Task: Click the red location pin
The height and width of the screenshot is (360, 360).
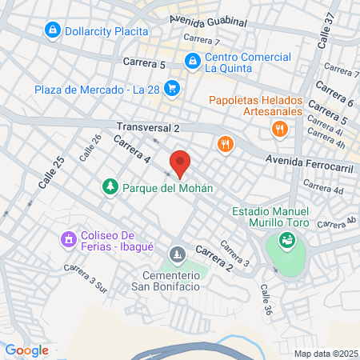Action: click(181, 163)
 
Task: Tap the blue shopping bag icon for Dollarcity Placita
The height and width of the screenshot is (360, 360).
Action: click(52, 30)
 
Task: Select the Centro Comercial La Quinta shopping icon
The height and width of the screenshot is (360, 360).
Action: click(192, 60)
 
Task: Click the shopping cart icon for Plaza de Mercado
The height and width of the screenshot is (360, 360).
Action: click(171, 88)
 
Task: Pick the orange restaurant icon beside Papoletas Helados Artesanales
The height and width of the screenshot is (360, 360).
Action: click(278, 128)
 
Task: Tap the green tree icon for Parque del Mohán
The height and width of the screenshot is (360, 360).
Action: click(109, 187)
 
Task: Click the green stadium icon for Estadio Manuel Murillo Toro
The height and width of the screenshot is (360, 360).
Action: click(286, 239)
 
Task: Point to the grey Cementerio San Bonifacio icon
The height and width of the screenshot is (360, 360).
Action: click(177, 254)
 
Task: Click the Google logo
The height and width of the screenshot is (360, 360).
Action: click(26, 350)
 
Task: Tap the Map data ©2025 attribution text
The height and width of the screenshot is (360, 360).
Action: click(324, 353)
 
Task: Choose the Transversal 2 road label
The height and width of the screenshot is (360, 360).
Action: click(148, 127)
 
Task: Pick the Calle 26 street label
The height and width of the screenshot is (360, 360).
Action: click(90, 148)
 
